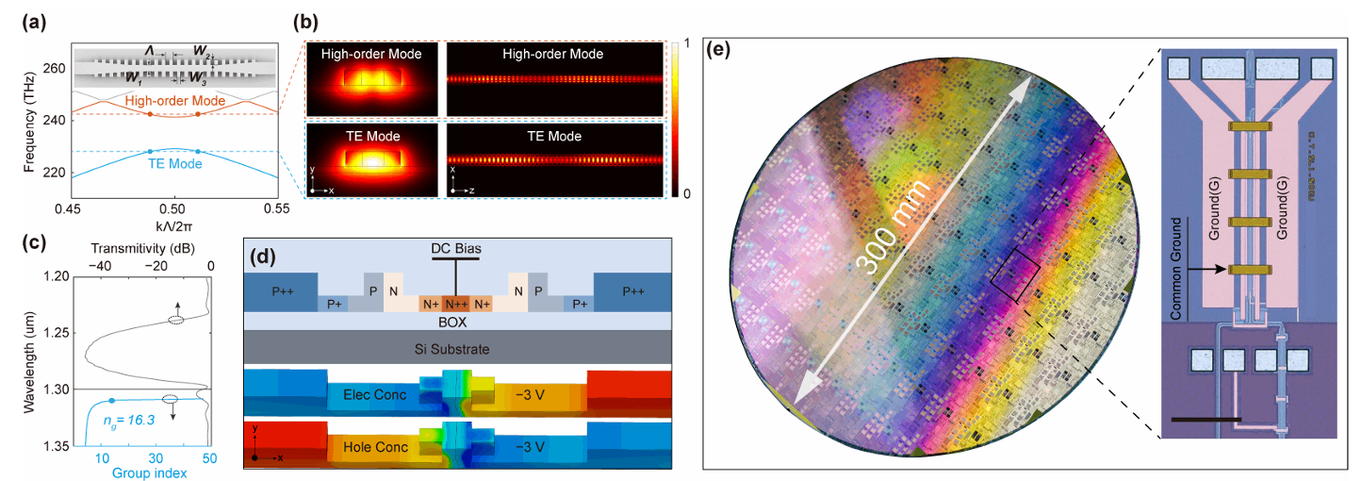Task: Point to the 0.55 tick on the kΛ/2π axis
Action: (x=277, y=206)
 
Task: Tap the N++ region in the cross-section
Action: (x=456, y=304)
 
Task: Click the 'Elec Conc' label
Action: (x=375, y=394)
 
